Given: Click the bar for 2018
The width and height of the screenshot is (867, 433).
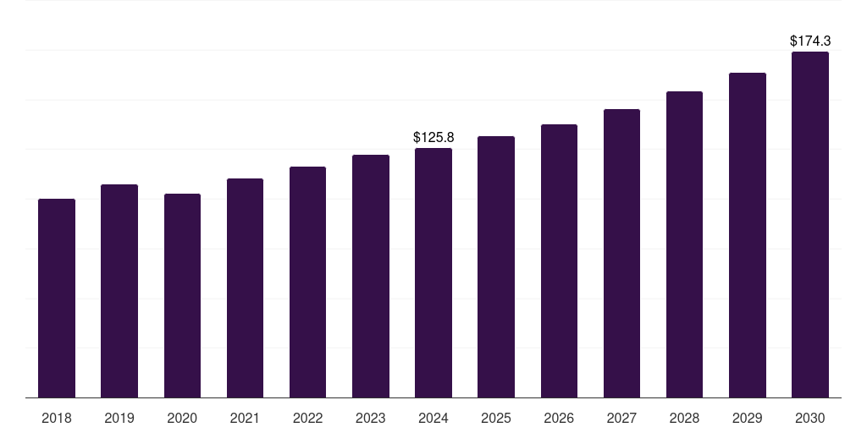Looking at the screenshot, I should (57, 298).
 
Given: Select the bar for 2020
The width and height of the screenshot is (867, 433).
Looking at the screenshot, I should (182, 295).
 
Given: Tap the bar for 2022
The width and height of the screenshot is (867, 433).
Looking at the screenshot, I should (307, 282).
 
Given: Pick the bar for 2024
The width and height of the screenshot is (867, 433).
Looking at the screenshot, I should (433, 272).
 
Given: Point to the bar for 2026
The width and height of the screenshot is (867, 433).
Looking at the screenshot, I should (559, 260).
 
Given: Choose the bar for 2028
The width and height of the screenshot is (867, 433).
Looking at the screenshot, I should (684, 244).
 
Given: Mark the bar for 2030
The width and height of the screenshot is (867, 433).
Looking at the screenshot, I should (809, 224).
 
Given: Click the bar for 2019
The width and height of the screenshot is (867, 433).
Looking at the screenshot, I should (119, 291).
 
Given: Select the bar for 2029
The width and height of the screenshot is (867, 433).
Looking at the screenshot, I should (747, 235).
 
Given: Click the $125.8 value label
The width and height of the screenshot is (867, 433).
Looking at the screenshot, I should (433, 137).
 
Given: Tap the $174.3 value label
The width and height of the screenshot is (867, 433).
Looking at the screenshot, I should (809, 41).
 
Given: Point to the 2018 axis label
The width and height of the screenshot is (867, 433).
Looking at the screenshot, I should (57, 418).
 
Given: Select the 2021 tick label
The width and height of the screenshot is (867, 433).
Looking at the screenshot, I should (245, 418).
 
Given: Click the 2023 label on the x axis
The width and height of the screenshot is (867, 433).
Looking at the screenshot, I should (370, 418).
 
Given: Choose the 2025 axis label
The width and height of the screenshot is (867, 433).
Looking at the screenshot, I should (496, 418).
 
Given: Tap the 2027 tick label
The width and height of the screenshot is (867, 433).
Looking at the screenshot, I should (621, 418).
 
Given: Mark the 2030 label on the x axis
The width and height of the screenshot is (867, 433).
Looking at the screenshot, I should (809, 418).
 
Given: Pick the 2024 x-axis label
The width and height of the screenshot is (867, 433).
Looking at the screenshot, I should (433, 418).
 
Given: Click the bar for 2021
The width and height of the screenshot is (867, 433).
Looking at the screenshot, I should (245, 288).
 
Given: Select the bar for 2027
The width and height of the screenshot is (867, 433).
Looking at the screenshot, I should (621, 253).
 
